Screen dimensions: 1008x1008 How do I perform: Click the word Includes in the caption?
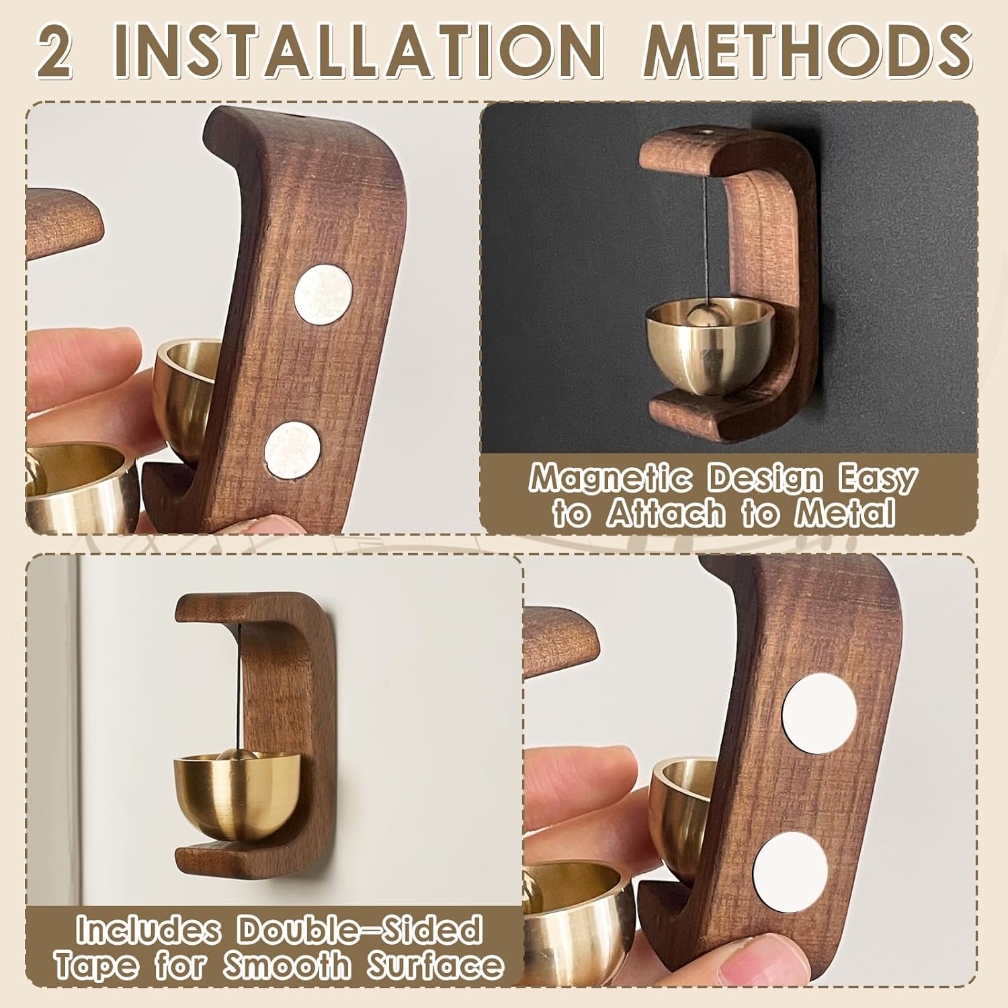pyautogui.click(x=149, y=930)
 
